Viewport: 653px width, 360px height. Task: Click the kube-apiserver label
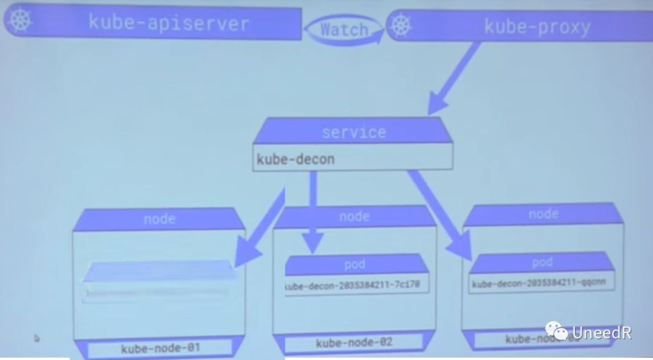coord(168,23)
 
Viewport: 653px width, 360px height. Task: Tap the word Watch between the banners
coord(343,29)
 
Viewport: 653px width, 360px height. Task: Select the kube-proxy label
coord(537,27)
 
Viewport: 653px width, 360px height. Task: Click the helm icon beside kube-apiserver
coord(20,20)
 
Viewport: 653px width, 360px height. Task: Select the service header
coord(353,132)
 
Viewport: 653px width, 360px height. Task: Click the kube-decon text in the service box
coord(295,159)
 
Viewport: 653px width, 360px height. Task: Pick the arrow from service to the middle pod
coord(313,212)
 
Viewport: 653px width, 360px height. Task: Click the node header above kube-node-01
coord(159,218)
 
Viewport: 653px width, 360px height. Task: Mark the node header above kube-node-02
coord(354,217)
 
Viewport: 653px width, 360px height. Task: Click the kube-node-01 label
coord(160,348)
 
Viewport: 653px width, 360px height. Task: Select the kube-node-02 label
coord(354,343)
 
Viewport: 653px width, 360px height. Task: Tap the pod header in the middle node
coord(354,264)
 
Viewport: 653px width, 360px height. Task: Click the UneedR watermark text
coord(601,332)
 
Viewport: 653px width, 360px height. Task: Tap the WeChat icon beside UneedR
coord(556,331)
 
